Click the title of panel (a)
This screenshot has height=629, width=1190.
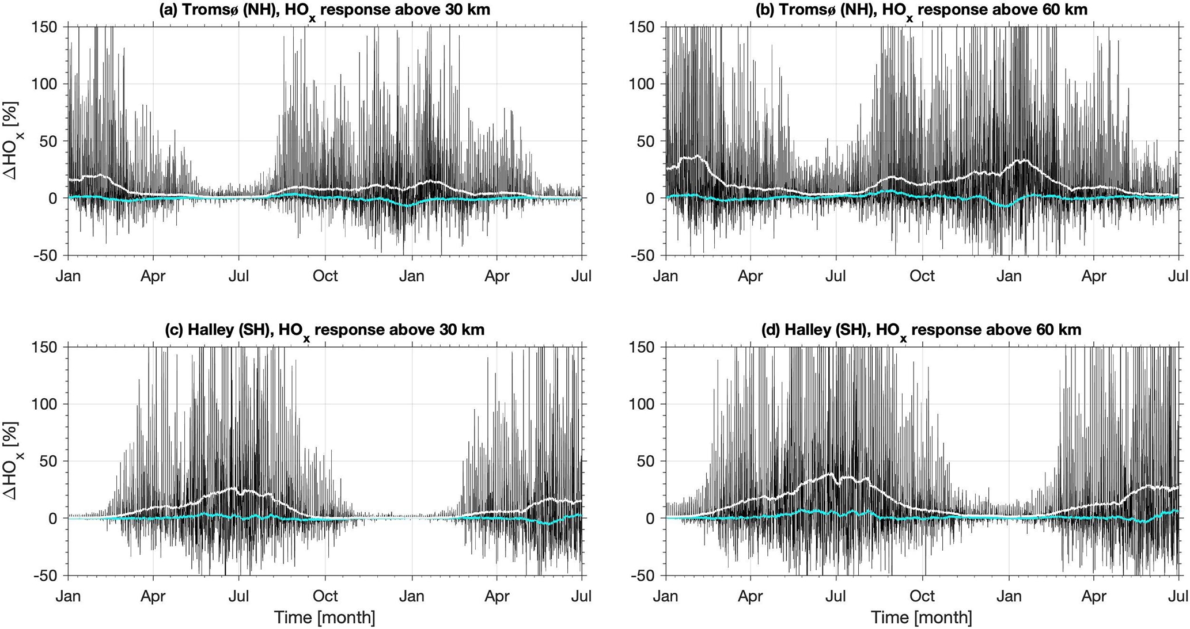pyautogui.click(x=325, y=9)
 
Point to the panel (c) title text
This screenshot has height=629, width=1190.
pyautogui.click(x=325, y=330)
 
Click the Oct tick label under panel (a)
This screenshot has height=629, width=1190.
pyautogui.click(x=325, y=276)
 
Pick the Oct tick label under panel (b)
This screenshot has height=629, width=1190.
pyautogui.click(x=922, y=276)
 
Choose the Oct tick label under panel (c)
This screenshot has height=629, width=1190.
pyautogui.click(x=325, y=596)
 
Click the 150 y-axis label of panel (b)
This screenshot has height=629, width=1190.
pyautogui.click(x=647, y=27)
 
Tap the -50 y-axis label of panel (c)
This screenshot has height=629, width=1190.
pyautogui.click(x=48, y=575)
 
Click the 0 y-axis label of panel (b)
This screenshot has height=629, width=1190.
pyautogui.click(x=655, y=198)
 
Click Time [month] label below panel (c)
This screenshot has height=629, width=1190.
pyautogui.click(x=325, y=617)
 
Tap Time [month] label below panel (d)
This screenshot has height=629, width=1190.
pyautogui.click(x=922, y=617)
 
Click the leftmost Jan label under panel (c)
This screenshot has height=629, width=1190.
pyautogui.click(x=68, y=596)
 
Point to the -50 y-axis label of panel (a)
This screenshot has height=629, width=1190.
pyautogui.click(x=48, y=256)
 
